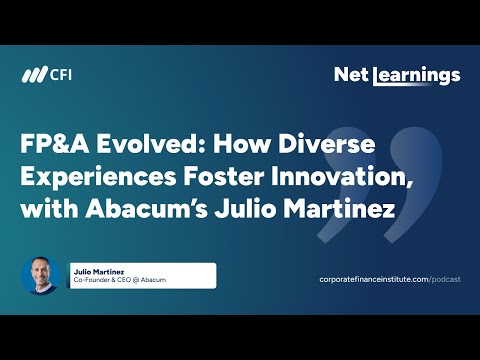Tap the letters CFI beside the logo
click(61, 76)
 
